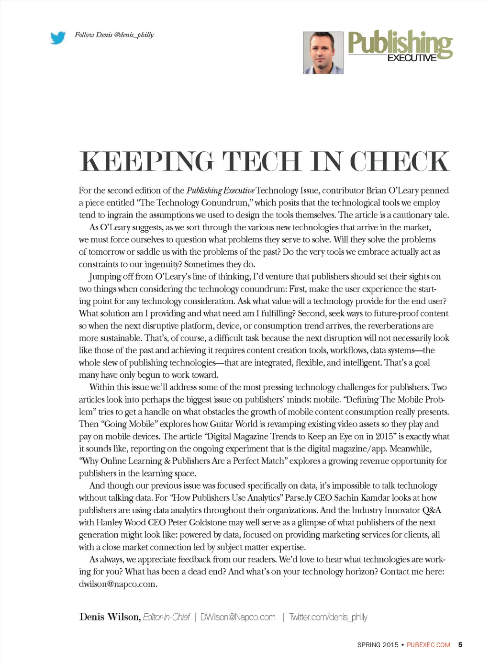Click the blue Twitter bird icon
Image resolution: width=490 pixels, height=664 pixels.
pyautogui.click(x=58, y=37)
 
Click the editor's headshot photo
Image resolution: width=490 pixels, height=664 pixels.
pyautogui.click(x=323, y=53)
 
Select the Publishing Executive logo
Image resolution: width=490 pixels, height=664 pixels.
pyautogui.click(x=400, y=46)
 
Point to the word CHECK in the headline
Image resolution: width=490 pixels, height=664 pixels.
pyautogui.click(x=400, y=161)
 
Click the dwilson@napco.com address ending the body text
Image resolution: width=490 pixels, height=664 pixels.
pyautogui.click(x=118, y=584)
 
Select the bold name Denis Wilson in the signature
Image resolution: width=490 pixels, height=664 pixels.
pyautogui.click(x=110, y=617)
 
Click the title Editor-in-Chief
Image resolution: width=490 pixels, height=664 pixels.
pyautogui.click(x=167, y=618)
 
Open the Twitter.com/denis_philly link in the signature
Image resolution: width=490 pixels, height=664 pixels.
pyautogui.click(x=328, y=618)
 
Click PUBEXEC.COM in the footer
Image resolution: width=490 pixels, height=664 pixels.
pyautogui.click(x=428, y=645)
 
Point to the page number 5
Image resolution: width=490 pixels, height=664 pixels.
pyautogui.click(x=460, y=645)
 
